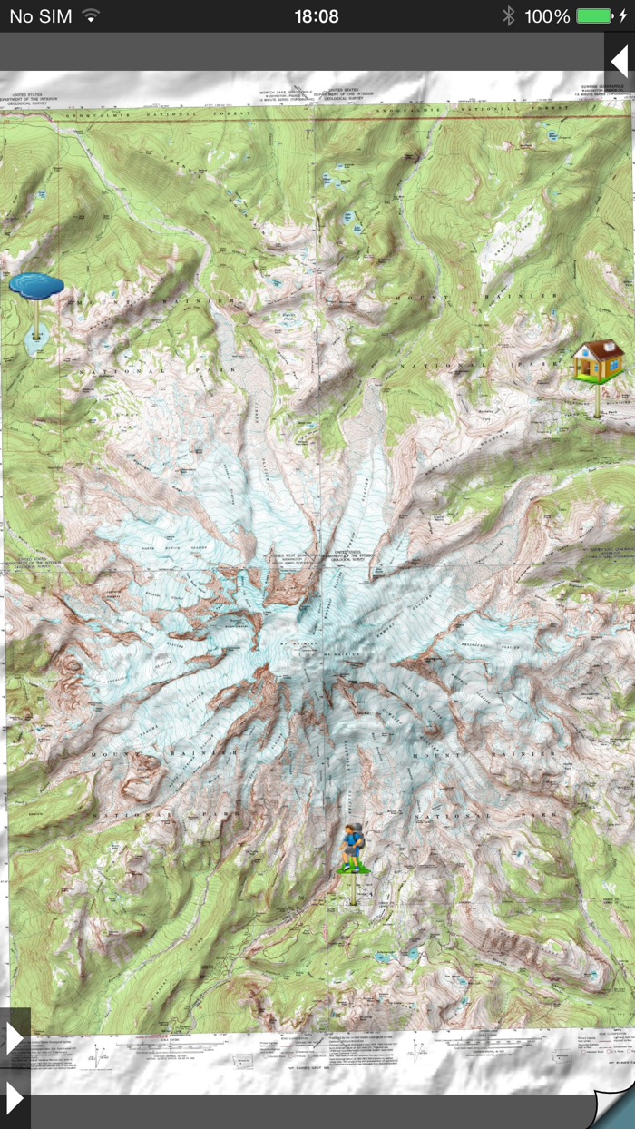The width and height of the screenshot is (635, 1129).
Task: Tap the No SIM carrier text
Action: (41, 16)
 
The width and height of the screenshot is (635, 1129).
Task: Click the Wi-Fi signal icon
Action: (90, 16)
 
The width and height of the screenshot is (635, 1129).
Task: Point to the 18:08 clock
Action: (317, 16)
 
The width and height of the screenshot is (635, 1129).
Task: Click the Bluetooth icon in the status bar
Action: (509, 16)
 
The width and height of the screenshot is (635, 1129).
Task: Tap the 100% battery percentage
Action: (547, 16)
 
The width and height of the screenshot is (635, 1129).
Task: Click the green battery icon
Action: (594, 16)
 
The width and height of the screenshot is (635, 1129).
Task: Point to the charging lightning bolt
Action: (622, 16)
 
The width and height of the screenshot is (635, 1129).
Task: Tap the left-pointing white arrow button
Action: (620, 63)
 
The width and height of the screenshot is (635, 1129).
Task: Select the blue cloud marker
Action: (36, 285)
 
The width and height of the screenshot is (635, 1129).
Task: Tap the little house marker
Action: (598, 361)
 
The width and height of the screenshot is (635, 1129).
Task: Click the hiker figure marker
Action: (352, 848)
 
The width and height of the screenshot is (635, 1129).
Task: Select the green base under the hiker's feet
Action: (353, 869)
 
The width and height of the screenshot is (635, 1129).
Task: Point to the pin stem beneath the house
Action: (598, 399)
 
